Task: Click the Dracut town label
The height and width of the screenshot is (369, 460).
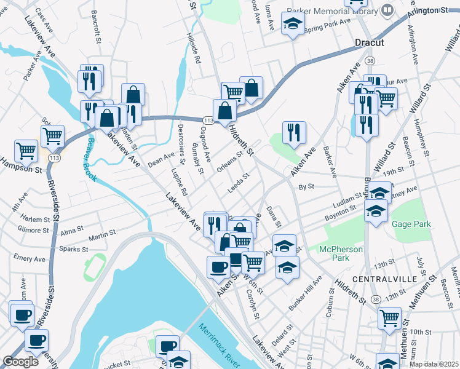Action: point(370,42)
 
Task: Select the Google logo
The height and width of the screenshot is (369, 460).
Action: point(20,362)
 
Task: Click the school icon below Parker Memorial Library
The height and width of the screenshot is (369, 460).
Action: point(293,25)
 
